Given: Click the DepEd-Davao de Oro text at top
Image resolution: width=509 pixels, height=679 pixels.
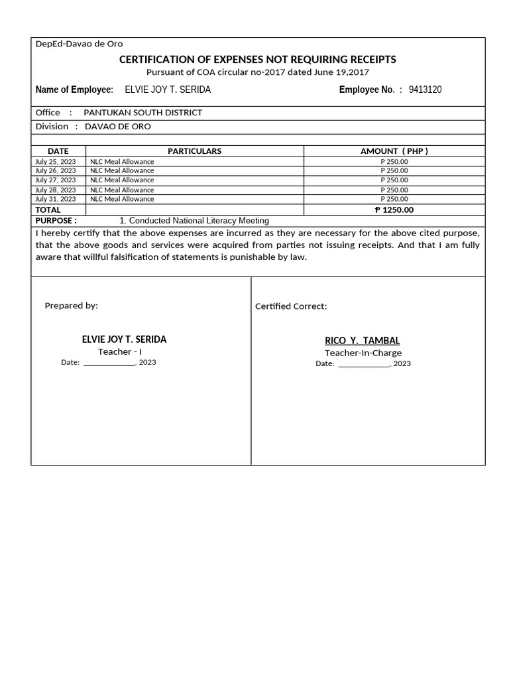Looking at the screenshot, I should coord(79,44).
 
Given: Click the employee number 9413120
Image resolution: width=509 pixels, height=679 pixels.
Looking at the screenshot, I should coord(425,90).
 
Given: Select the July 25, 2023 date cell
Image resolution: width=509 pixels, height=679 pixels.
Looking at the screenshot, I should coord(56,161).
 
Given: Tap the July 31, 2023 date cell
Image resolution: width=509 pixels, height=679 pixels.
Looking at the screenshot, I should coord(56,199).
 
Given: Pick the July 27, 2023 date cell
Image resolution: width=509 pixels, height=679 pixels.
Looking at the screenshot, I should coord(56,180).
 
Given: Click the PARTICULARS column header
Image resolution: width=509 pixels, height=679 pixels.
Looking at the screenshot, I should coord(194,151).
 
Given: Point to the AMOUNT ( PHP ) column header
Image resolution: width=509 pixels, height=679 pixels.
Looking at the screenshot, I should coord(394,151).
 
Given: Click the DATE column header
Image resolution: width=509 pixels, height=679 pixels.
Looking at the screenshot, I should coord(58,151).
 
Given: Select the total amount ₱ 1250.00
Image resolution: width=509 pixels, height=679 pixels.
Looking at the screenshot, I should coord(394,210).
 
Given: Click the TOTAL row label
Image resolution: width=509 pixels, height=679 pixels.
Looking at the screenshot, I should coord(48,210).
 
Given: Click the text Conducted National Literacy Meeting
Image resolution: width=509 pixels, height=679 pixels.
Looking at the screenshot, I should coord(198,220).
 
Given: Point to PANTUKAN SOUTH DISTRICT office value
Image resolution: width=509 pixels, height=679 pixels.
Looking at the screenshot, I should coord(142,112).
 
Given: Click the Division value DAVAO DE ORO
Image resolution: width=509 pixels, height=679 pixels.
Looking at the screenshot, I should coord(118,126).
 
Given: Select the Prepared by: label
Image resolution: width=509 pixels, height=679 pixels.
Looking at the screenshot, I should coord(71,306).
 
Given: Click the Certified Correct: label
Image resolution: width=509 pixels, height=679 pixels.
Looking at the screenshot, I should coord(291,306).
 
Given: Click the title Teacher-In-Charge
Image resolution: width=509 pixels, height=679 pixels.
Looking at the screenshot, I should coord(363,353).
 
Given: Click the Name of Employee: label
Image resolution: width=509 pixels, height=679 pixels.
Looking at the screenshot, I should coord(74,90).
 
